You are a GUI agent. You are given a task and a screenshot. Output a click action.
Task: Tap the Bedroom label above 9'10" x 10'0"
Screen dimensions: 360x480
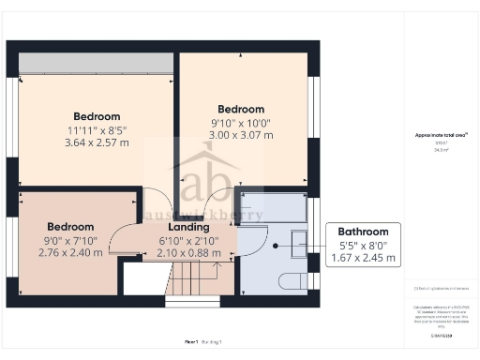241,109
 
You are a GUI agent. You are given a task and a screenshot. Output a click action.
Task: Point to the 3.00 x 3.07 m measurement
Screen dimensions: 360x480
241,136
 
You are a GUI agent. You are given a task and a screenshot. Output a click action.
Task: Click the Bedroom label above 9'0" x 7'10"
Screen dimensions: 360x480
70,227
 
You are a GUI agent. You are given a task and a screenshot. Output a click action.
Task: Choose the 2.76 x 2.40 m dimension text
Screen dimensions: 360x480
70,253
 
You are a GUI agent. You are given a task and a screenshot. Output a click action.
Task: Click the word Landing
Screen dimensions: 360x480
188,227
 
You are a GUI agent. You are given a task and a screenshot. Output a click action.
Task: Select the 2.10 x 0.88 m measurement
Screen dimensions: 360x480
188,253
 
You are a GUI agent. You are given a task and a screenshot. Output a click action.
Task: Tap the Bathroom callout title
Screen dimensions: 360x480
363,232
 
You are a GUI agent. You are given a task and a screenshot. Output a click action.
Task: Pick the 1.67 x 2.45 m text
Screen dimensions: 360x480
363,258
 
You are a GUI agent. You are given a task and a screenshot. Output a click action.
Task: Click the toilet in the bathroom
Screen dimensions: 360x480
292,280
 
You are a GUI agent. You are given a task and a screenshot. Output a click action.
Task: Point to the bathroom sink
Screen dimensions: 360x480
299,243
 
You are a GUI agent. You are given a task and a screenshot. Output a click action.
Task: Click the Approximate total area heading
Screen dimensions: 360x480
442,135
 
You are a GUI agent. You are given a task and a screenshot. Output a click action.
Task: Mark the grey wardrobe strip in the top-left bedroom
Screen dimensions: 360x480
94,62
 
